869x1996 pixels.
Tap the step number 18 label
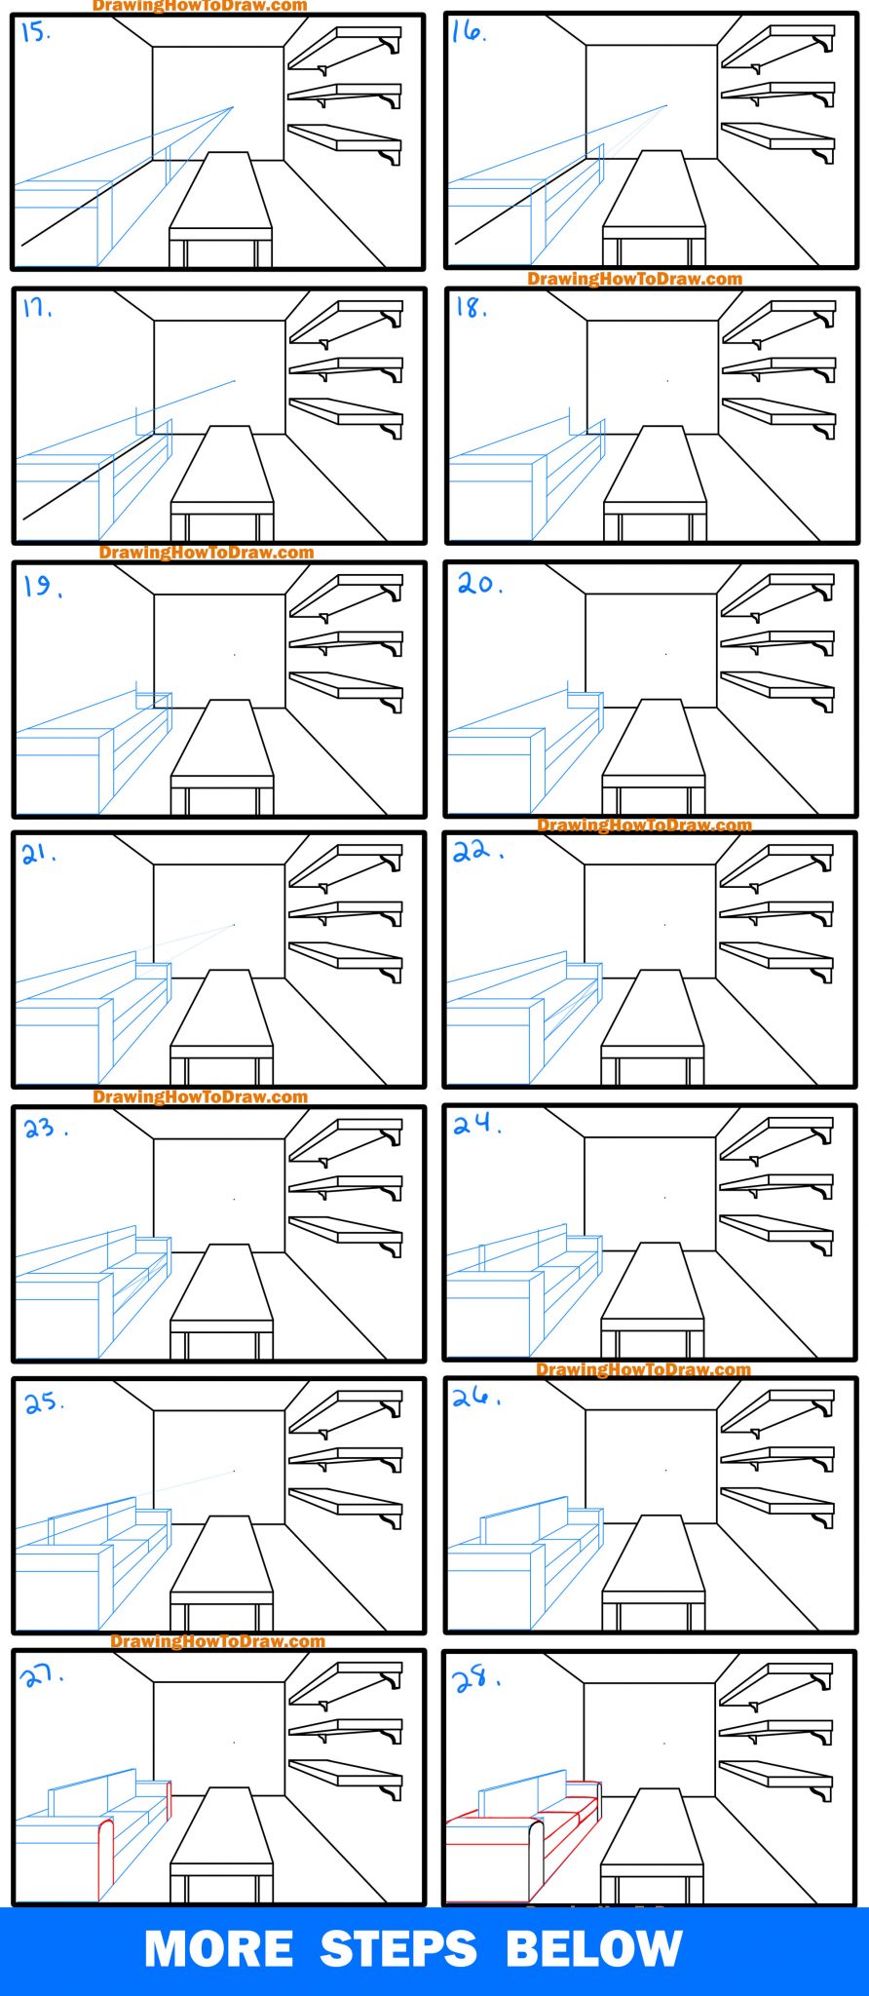(x=471, y=308)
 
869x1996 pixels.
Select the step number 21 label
(x=39, y=855)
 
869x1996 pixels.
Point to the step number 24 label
(x=476, y=1125)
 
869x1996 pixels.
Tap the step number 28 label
(x=475, y=1679)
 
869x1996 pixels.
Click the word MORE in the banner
(x=218, y=1949)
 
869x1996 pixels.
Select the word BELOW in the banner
(x=593, y=1949)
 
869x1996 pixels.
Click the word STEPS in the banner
(x=398, y=1949)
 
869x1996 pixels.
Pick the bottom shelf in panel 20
(x=777, y=685)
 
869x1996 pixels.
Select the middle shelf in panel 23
(x=346, y=1186)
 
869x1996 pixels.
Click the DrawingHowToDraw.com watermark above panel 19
(x=207, y=553)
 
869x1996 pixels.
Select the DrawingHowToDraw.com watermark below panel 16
(x=634, y=279)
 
